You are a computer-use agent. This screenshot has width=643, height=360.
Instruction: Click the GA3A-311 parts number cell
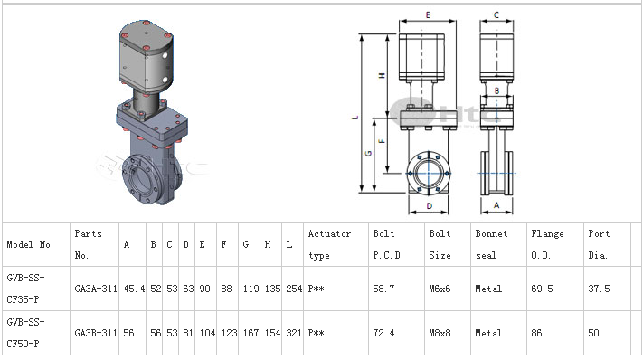pos(96,289)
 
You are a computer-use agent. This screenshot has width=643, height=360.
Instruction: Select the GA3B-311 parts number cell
pos(96,333)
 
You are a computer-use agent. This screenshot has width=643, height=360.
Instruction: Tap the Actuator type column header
pos(329,244)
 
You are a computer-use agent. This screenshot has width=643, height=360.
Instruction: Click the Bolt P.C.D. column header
pos(388,244)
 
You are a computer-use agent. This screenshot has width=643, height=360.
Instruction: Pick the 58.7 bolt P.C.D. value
pos(383,289)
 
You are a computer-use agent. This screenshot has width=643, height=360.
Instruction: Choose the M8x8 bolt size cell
pos(440,333)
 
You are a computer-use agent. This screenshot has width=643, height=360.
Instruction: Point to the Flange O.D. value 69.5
pos(542,289)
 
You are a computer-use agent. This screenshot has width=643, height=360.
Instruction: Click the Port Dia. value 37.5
pos(599,289)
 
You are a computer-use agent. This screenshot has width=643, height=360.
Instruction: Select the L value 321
pos(294,333)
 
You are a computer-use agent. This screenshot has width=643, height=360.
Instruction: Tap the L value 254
pos(294,289)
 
